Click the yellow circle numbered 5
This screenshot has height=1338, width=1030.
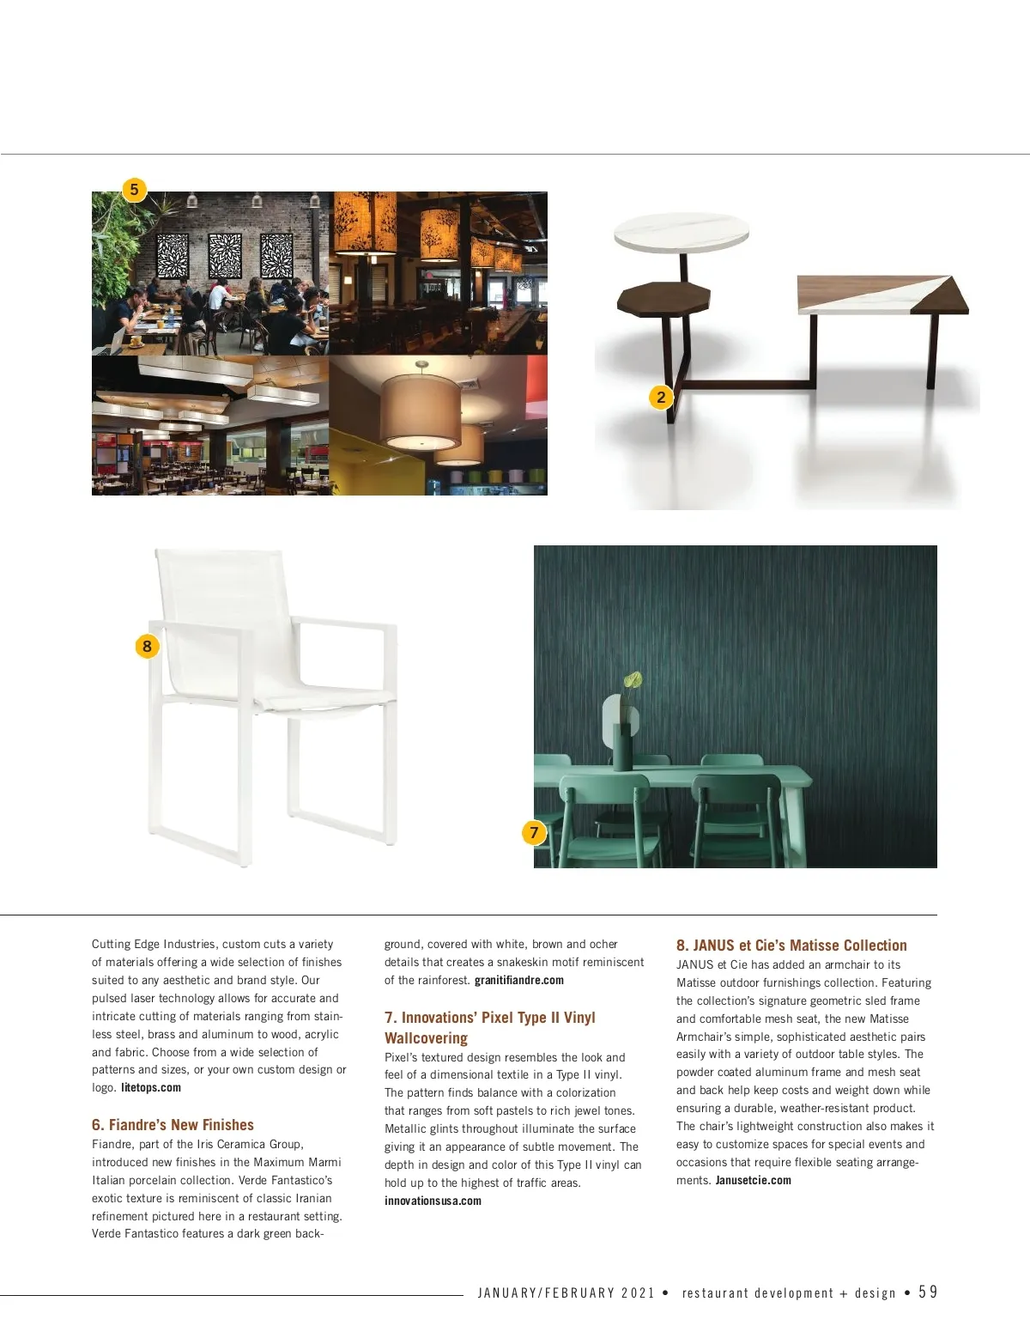pyautogui.click(x=134, y=189)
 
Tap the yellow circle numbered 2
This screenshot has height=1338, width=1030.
pyautogui.click(x=661, y=397)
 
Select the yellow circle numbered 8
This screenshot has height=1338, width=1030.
pyautogui.click(x=147, y=646)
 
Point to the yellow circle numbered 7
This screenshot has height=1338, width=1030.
pyautogui.click(x=534, y=831)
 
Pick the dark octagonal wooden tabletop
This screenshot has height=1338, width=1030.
pyautogui.click(x=663, y=298)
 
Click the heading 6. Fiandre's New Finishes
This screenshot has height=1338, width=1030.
pyautogui.click(x=173, y=1125)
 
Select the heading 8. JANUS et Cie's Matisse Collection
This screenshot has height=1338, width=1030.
pyautogui.click(x=791, y=946)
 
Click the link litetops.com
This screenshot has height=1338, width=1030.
pyautogui.click(x=151, y=1088)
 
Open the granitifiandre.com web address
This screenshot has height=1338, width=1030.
pyautogui.click(x=519, y=981)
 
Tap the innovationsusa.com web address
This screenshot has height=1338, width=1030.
pyautogui.click(x=433, y=1201)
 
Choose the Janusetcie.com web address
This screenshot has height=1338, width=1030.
pyautogui.click(x=754, y=1181)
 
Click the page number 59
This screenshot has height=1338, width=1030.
pyautogui.click(x=928, y=1292)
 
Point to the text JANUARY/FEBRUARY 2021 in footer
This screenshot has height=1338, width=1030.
pyautogui.click(x=566, y=1293)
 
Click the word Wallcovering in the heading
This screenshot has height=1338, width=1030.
pyautogui.click(x=426, y=1038)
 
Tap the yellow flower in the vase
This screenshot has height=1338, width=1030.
pyautogui.click(x=633, y=682)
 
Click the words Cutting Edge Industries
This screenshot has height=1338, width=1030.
pyautogui.click(x=154, y=944)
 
